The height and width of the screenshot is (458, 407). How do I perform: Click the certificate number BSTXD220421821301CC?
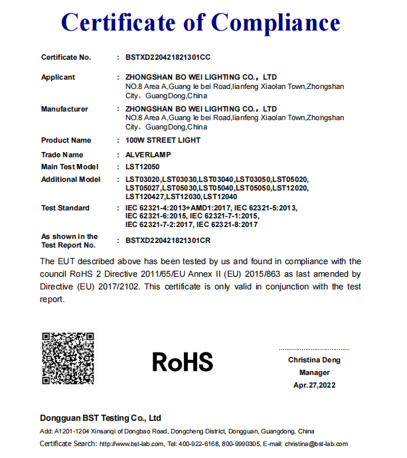tap(168, 58)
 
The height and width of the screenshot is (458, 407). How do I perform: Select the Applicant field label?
tap(58, 77)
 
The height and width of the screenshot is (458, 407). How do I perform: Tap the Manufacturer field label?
tap(64, 109)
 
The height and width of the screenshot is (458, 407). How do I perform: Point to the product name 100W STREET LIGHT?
tap(163, 140)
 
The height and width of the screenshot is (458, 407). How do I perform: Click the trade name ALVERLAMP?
tap(148, 155)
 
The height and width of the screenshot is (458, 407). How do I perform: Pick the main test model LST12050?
tap(142, 167)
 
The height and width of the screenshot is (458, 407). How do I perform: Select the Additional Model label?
tap(70, 179)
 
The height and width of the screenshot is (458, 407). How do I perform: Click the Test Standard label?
tap(65, 208)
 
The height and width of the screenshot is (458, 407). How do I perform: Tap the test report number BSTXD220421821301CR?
tap(168, 240)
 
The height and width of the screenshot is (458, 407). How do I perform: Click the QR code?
tap(68, 358)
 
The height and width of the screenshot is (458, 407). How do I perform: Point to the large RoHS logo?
tap(183, 362)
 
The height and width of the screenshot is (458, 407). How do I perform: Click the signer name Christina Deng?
tap(314, 360)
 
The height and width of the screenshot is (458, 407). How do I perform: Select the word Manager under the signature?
tap(314, 372)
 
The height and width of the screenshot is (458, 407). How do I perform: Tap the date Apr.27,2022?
tap(314, 385)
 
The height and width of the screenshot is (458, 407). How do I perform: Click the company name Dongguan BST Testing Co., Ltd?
tap(101, 418)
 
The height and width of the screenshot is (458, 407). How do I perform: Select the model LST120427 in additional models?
tap(144, 196)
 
